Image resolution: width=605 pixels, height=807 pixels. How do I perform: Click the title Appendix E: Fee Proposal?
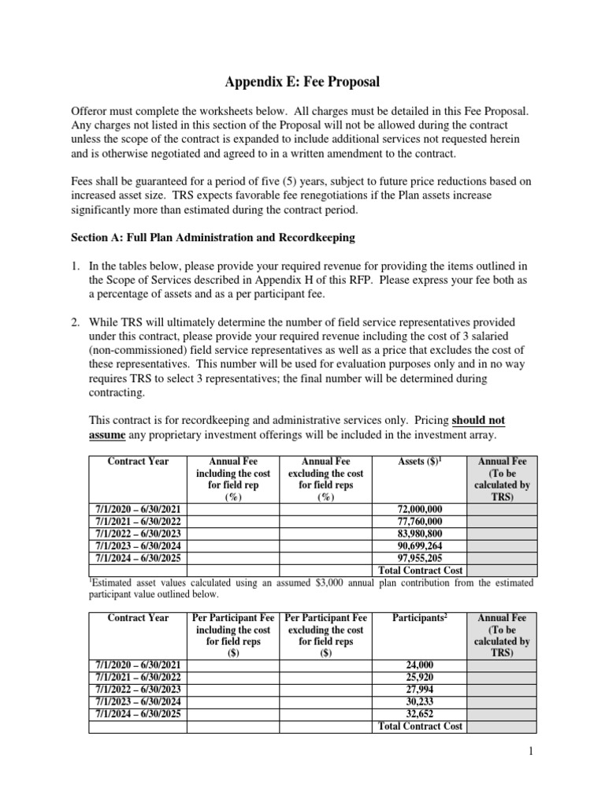pos(302,80)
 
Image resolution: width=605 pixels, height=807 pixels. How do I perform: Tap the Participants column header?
pos(420,618)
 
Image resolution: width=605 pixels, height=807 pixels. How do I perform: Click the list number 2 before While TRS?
pos(75,322)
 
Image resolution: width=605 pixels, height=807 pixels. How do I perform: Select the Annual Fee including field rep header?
pos(231,479)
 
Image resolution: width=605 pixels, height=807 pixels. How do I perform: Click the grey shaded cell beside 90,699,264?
pos(498,545)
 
